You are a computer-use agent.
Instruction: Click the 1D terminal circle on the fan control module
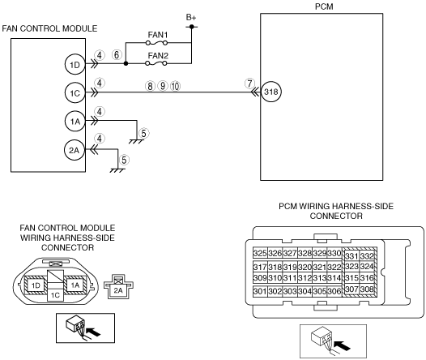[75, 65]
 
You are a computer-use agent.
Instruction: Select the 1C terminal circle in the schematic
[75, 93]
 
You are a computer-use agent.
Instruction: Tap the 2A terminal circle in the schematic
[75, 150]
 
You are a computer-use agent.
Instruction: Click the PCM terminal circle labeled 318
[271, 92]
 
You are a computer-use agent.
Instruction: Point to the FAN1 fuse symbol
[156, 43]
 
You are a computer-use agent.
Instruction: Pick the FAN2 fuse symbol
[156, 63]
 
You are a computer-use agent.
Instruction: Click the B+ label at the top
[191, 17]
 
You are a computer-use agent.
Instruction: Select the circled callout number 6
[117, 55]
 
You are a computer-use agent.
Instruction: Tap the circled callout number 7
[249, 84]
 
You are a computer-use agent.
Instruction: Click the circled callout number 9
[163, 86]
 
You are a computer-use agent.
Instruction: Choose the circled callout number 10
[175, 86]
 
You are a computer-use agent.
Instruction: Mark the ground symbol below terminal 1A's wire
[136, 141]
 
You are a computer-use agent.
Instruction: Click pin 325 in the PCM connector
[260, 253]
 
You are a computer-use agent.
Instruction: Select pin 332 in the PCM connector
[368, 256]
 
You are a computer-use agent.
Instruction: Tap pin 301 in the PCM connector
[260, 291]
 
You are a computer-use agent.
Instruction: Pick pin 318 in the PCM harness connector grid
[275, 267]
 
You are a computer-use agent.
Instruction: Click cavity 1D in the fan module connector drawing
[36, 285]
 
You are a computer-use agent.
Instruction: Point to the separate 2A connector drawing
[118, 286]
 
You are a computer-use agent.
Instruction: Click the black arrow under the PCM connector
[342, 345]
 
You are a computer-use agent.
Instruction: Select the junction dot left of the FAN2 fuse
[126, 63]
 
